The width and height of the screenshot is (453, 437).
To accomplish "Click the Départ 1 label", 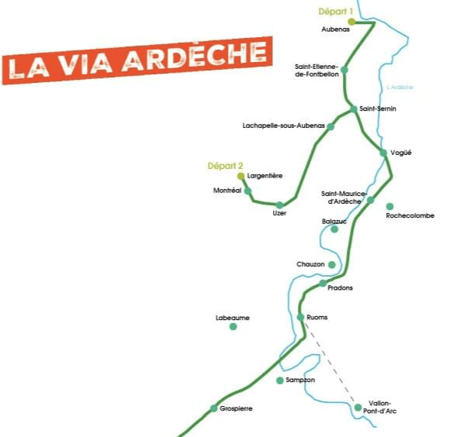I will [336, 11].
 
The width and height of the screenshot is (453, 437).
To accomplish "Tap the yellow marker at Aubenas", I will [351, 22].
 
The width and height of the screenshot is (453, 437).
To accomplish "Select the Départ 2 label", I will [225, 166].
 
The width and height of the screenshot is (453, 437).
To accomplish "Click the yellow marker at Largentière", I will [240, 176].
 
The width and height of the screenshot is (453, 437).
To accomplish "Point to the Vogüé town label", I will [401, 153].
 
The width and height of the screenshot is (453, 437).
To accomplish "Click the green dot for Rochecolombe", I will [389, 206].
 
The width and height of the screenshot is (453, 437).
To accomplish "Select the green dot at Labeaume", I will [233, 327].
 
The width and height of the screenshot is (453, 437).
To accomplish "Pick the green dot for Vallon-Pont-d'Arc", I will [358, 408].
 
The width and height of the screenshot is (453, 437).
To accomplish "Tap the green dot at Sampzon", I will [280, 380].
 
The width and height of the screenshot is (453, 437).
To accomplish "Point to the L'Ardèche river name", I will [400, 88].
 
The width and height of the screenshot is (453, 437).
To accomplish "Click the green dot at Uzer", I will [279, 205].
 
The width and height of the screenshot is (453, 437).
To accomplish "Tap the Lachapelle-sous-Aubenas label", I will [283, 126].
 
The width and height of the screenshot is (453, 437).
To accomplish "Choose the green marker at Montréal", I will [247, 191].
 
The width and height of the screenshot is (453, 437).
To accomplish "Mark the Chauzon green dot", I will [332, 265].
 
